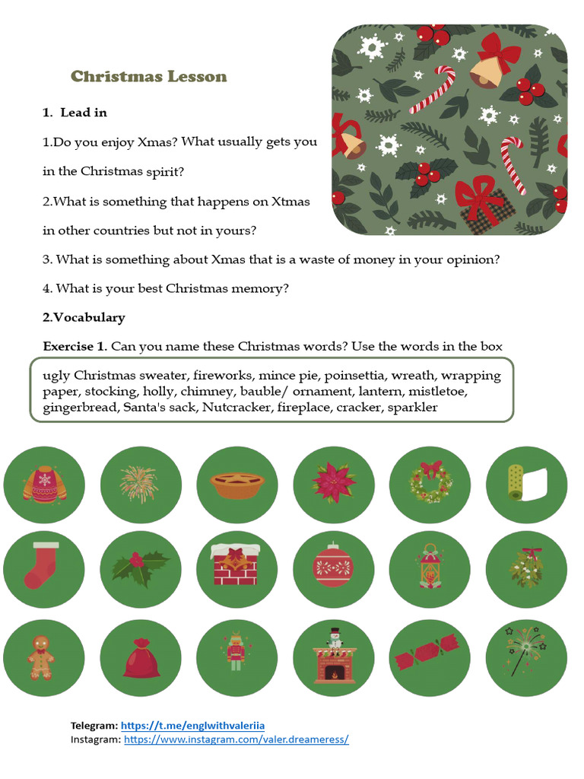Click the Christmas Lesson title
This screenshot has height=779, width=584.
[x=148, y=76]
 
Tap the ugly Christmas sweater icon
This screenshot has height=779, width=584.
[x=44, y=485]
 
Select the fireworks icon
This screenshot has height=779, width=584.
[x=140, y=485]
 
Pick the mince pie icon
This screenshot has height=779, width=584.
[x=236, y=485]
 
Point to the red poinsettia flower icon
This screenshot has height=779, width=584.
[x=333, y=485]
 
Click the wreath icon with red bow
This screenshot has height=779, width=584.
[x=430, y=485]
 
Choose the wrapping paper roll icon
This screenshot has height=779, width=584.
[x=526, y=485]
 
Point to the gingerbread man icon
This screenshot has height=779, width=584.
[x=43, y=657]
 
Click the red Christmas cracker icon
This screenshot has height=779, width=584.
[x=430, y=657]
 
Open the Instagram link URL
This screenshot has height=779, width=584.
[x=236, y=739]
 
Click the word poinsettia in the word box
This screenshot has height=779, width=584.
[x=354, y=376]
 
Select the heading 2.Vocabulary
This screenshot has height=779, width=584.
[x=84, y=317]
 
